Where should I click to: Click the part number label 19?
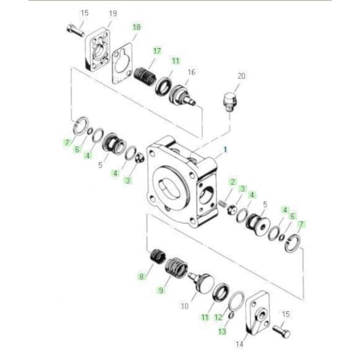pos(113,14)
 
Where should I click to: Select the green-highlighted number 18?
pos(136,27)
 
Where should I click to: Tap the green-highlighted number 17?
pos(157,51)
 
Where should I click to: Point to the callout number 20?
pos(242,76)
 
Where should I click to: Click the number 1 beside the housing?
pos(225,149)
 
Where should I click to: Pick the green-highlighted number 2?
pos(232,182)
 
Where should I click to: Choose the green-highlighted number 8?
pos(141,277)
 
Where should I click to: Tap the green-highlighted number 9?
pos(161,291)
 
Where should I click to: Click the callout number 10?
pos(185,306)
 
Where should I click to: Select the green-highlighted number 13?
pos(222,331)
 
